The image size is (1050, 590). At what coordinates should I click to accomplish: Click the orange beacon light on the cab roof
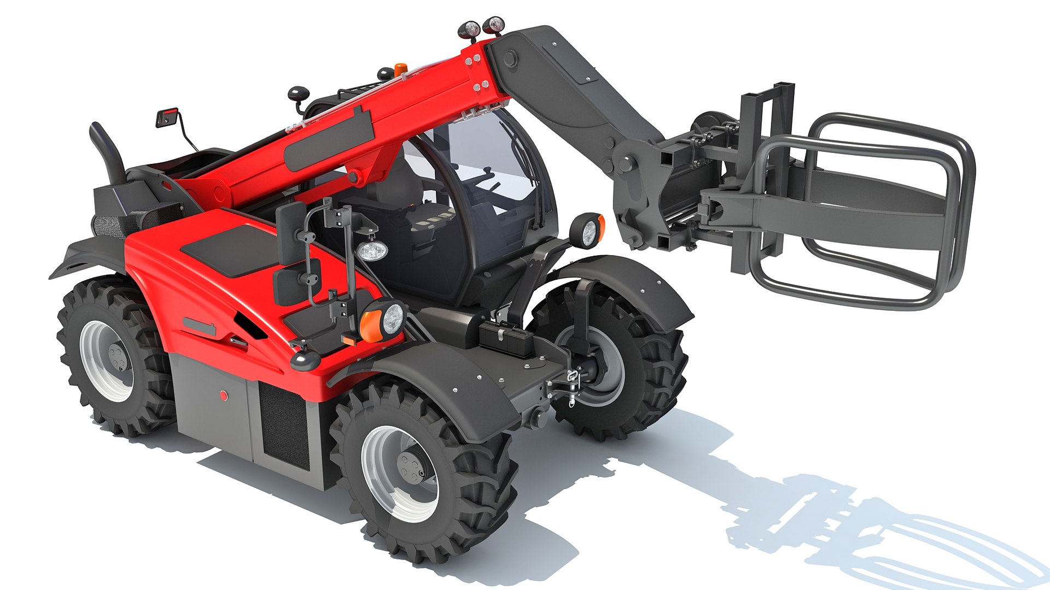pyautogui.click(x=401, y=69)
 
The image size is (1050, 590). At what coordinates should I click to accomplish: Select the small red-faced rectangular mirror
pyautogui.click(x=167, y=117)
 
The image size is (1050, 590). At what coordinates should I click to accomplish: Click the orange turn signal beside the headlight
pyautogui.click(x=370, y=326)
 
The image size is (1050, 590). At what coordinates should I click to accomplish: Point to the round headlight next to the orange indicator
pyautogui.click(x=392, y=319)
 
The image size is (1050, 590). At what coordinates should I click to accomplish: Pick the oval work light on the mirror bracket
pyautogui.click(x=372, y=251)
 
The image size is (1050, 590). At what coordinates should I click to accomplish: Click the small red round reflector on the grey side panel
pyautogui.click(x=223, y=395)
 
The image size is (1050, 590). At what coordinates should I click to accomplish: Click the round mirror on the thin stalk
pyautogui.click(x=299, y=94)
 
